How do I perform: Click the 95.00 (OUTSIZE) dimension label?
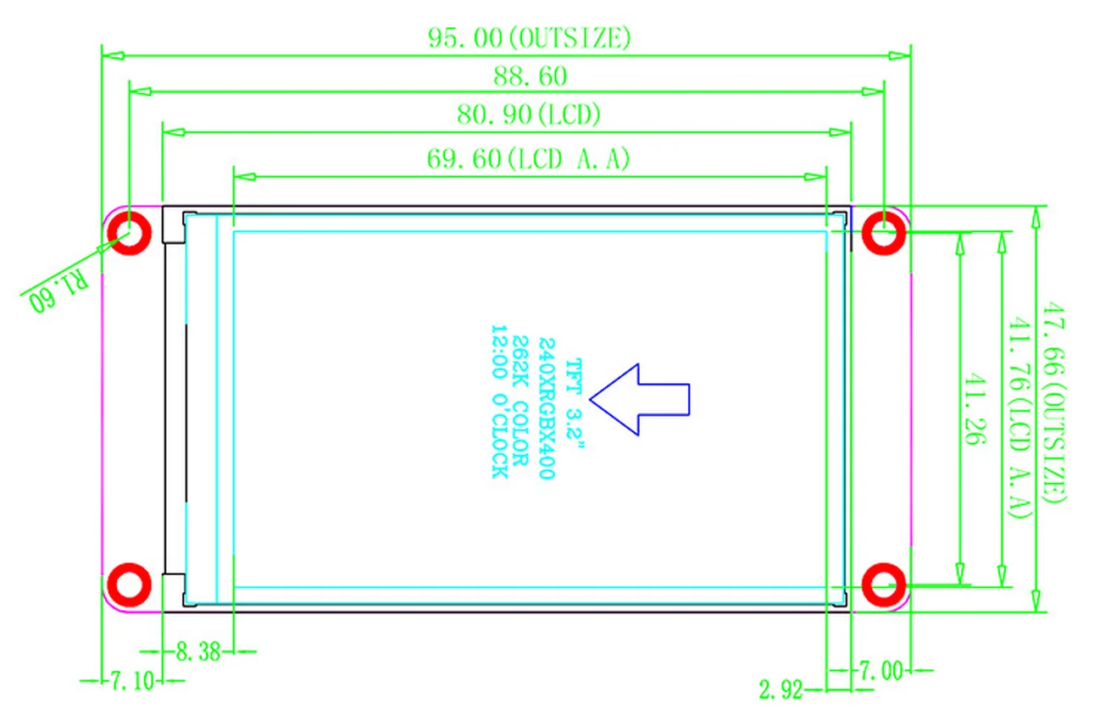529,38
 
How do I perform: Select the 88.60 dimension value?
531,76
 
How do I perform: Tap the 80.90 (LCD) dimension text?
529,114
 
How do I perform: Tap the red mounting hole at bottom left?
130,585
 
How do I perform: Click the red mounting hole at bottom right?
883,585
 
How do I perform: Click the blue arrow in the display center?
641,399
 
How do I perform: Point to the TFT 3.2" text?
575,399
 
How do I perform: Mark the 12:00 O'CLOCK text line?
499,402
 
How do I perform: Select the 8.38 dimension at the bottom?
197,651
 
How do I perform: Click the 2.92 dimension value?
781,690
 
